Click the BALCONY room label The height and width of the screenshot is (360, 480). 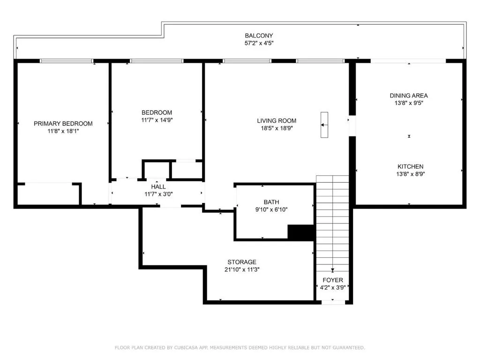tap(259, 36)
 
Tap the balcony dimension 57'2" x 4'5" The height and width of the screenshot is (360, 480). tap(259, 43)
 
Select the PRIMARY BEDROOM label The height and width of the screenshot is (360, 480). tap(63, 124)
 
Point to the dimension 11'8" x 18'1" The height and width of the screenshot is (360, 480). tap(63, 131)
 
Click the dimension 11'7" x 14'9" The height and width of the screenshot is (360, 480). tap(157, 120)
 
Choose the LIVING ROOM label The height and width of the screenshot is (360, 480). tap(277, 120)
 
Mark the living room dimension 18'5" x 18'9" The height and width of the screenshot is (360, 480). tap(277, 128)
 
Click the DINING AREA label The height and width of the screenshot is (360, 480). tap(409, 96)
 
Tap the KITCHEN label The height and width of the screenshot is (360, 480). tap(410, 166)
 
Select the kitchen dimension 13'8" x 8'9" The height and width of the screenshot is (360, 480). tap(410, 174)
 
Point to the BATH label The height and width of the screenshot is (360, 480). tap(271, 202)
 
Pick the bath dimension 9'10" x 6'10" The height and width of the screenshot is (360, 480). tap(271, 210)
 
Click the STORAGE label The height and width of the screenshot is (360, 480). tap(242, 262)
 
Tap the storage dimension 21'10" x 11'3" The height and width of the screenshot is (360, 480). tap(242, 270)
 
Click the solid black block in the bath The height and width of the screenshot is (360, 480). tap(300, 232)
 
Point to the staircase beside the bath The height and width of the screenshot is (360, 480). tap(332, 220)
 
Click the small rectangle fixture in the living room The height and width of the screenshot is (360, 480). tap(324, 125)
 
